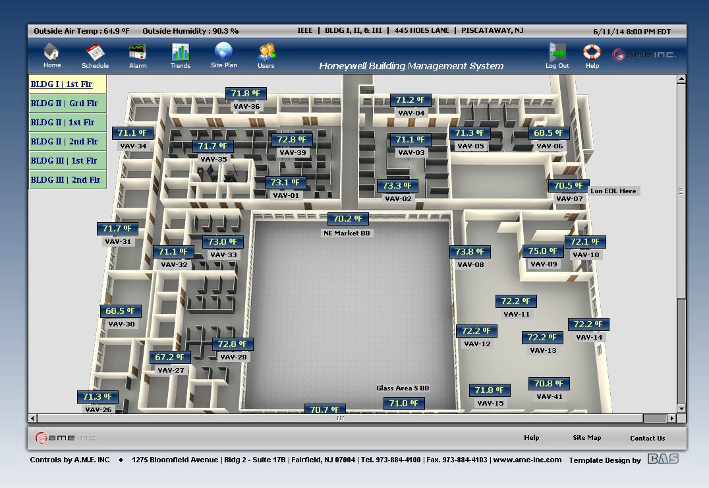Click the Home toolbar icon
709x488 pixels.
click(51, 52)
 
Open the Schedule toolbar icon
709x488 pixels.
click(95, 52)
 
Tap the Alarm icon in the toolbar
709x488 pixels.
click(138, 52)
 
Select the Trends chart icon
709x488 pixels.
click(180, 52)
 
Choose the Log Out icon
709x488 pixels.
click(557, 52)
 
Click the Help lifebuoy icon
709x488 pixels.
click(592, 52)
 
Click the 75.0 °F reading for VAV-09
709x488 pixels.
click(543, 251)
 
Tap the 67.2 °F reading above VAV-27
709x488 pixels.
click(169, 357)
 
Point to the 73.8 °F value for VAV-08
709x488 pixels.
click(470, 252)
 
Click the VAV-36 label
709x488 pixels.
click(246, 107)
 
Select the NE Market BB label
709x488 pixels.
click(347, 233)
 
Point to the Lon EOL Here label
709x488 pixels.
click(613, 191)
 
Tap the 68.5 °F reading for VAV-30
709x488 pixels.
click(120, 311)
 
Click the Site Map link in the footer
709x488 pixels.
click(586, 438)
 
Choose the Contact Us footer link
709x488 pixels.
click(647, 438)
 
